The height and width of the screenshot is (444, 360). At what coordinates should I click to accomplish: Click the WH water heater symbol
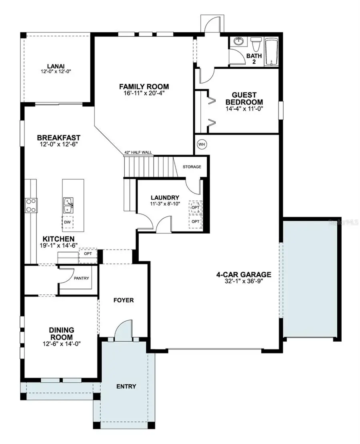click(201, 144)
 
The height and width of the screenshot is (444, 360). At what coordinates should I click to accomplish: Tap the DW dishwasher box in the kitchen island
click(67, 221)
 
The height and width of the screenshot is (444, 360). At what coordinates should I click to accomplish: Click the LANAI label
click(55, 67)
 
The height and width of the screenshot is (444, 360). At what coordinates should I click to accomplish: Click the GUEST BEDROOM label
click(244, 98)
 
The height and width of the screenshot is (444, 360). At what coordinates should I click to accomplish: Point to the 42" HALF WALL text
click(138, 152)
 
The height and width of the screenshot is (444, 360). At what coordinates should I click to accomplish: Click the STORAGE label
click(192, 166)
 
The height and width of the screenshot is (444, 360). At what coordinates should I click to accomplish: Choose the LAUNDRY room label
click(165, 198)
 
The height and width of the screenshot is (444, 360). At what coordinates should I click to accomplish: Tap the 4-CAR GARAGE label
click(244, 274)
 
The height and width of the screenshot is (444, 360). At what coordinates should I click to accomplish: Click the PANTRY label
click(82, 278)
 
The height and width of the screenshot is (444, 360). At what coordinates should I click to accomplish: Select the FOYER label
click(123, 300)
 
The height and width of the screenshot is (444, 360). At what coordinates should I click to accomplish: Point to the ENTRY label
click(126, 386)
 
